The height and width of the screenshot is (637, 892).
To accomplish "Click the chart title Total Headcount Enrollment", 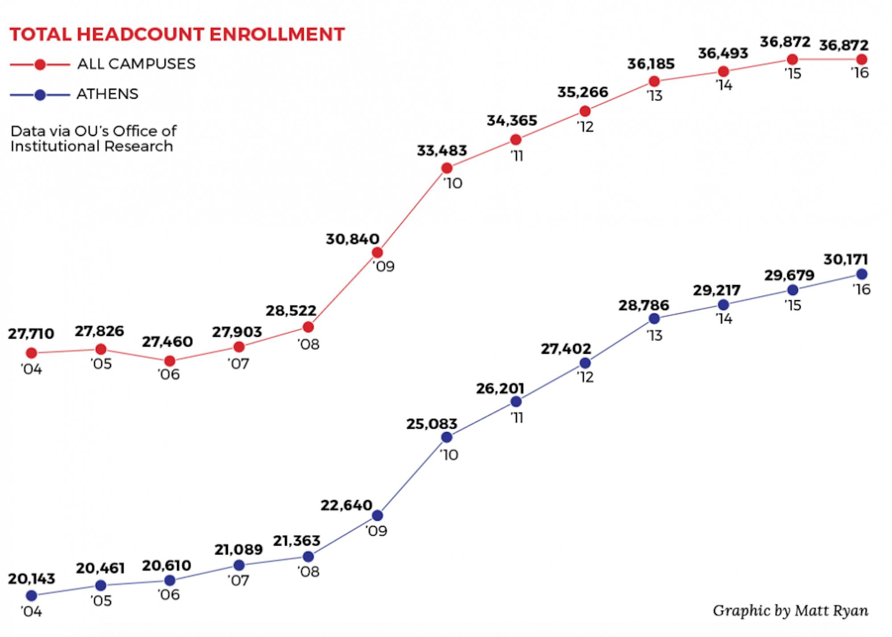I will coord(177,34).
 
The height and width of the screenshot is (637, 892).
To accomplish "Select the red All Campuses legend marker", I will coord(40,65).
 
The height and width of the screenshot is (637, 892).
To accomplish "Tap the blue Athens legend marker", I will coord(40,95).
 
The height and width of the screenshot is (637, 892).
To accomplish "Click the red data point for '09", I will coord(377,253).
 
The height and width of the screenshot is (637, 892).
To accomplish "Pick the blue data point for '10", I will coord(446,438).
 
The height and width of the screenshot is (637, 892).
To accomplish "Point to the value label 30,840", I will coord(352,239).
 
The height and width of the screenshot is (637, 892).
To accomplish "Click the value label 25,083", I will coord(432,424).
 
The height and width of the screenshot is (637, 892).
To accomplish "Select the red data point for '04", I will coord(31,353).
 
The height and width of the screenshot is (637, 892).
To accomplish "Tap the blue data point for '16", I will coord(862,274).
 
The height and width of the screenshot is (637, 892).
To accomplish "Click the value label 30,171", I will coord(846,260).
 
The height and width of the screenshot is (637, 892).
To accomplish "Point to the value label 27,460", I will coord(167,342).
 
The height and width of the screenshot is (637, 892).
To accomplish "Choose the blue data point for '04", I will coord(31,596).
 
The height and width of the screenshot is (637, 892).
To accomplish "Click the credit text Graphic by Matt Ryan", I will coord(790,610).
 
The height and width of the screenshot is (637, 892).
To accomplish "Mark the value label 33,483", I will coord(442,151).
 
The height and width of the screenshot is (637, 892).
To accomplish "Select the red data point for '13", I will coord(654,81).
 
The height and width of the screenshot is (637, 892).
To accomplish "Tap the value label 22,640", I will coord(346,505).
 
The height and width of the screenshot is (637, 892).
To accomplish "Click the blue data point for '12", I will coord(585,363).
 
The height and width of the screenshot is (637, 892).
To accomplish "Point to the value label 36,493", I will coord(723,54).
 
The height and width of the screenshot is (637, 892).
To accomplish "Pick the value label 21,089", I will coord(239,550).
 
